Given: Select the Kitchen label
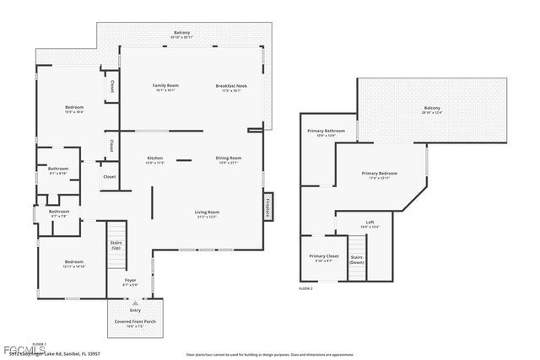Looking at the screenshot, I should click(155, 159).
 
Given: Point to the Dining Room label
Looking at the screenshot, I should click(229, 159).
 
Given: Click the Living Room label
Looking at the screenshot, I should click(207, 213).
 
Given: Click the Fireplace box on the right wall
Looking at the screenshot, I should click(267, 207).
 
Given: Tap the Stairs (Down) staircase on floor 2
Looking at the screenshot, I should click(357, 259).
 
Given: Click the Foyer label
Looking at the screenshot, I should click(131, 282).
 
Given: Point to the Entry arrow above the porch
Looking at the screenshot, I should click(132, 302).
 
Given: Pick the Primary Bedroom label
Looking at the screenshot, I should click(379, 175).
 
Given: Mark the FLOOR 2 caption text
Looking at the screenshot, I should click(306, 288).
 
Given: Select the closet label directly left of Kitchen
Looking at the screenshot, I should click(110, 177).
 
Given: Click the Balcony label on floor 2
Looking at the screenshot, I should click(431, 109).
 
